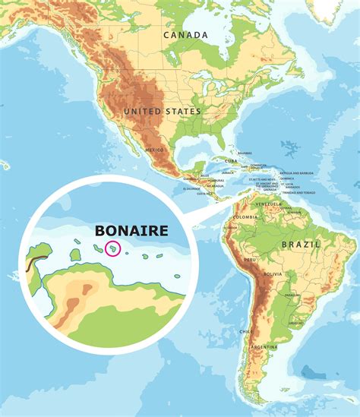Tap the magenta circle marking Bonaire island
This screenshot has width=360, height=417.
[112, 248]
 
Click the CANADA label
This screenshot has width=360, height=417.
[185, 35]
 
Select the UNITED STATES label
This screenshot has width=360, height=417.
[163, 112]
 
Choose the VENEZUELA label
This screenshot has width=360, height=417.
[269, 205]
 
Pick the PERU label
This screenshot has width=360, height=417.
[250, 261]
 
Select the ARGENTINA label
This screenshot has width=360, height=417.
[265, 346]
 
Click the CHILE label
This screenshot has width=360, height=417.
[244, 332]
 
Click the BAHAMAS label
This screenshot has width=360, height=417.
[244, 153]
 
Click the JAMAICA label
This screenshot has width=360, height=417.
[228, 173]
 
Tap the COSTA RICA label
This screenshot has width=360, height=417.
[203, 194]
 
